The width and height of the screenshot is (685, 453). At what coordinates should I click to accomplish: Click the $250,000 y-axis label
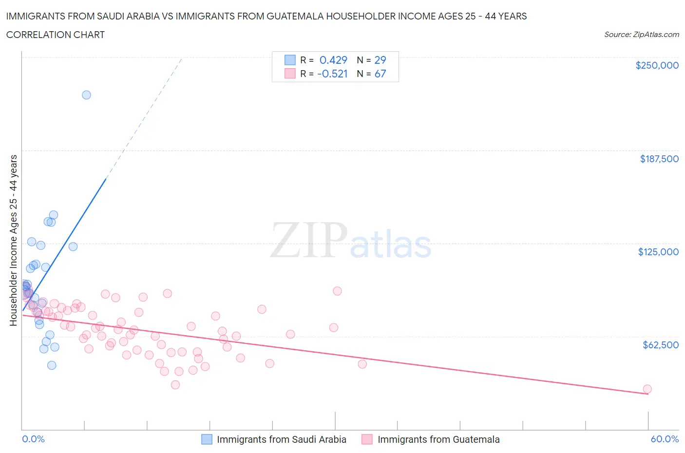click(657, 65)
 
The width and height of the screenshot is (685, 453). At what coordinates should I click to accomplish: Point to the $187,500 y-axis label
click(659, 159)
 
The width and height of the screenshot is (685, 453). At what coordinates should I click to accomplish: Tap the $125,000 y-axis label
click(658, 252)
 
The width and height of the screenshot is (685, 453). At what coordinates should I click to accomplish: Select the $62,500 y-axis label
click(660, 345)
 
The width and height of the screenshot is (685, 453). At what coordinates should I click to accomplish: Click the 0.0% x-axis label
click(33, 439)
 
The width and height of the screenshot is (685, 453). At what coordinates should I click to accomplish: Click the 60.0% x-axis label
click(664, 439)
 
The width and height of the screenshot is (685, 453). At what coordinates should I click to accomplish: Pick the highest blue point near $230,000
click(86, 95)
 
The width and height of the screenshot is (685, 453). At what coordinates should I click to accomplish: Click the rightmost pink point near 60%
click(647, 389)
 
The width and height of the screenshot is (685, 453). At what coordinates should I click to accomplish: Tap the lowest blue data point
click(52, 365)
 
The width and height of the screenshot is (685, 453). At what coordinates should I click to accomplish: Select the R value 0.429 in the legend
click(333, 60)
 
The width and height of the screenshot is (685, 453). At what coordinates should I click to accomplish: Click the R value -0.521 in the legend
click(332, 74)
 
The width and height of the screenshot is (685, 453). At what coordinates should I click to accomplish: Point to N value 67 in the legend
click(380, 74)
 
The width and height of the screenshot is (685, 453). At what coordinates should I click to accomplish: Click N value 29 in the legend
click(380, 60)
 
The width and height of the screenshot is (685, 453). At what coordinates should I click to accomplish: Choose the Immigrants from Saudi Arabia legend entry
click(281, 439)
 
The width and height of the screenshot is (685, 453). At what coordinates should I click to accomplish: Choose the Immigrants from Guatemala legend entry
click(438, 439)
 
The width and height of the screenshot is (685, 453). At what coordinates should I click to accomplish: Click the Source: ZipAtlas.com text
click(641, 35)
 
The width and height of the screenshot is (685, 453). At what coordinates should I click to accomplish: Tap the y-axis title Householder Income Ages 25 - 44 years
click(13, 240)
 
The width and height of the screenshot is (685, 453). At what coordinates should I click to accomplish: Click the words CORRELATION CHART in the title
click(55, 35)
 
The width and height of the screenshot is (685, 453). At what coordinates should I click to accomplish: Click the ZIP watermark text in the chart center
click(308, 240)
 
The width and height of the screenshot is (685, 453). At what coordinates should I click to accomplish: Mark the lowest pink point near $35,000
click(175, 385)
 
